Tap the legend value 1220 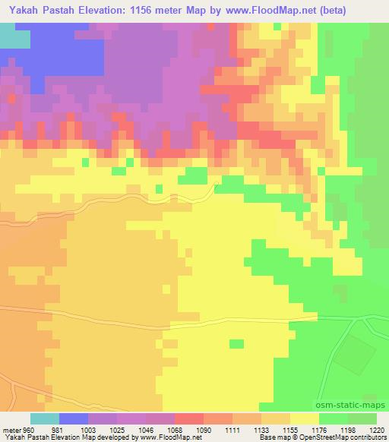[376, 429]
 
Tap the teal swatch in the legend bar [45, 418]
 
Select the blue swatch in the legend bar [74, 418]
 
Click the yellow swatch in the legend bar [305, 418]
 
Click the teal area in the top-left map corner [9, 35]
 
